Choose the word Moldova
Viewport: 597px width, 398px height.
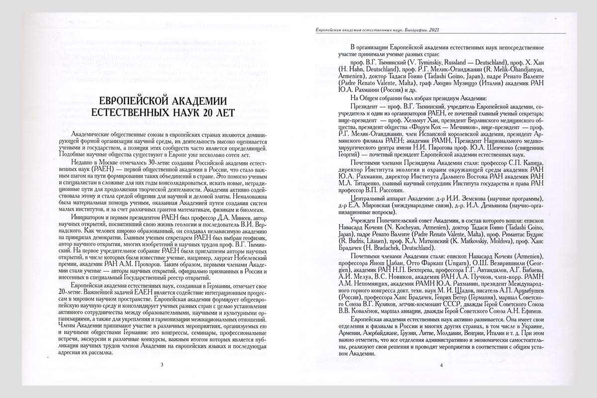point(482,240)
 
